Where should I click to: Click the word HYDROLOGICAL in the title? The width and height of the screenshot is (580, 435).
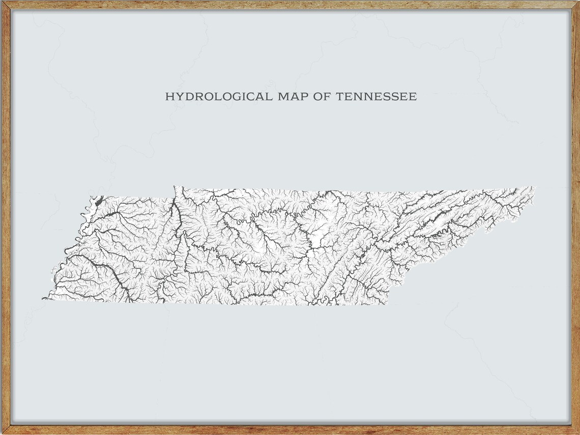tap(219, 96)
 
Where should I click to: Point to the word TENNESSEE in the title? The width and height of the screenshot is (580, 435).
tap(376, 96)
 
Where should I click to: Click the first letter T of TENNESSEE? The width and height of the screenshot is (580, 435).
tap(339, 96)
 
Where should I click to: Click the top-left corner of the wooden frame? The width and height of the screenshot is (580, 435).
tap(2, 2)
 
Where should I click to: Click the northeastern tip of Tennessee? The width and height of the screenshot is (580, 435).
tap(535, 187)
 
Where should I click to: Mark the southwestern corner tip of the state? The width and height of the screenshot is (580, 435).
tap(43, 299)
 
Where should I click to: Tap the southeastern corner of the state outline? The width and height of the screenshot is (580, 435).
tap(389, 304)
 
